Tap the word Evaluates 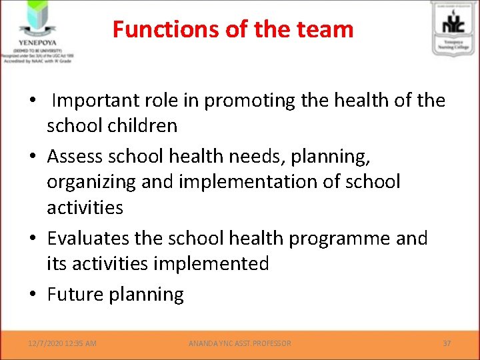(90, 239)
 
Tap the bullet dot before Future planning (33, 295)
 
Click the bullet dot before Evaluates (33, 239)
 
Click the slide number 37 (447, 343)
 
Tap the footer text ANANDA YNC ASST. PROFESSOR (239, 343)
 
